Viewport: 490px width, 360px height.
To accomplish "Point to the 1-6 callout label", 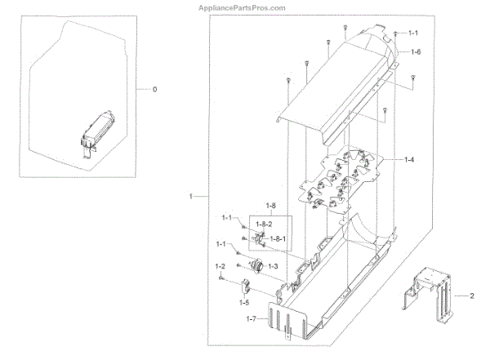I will (415, 51).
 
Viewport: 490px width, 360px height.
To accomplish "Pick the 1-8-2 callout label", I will (264, 223).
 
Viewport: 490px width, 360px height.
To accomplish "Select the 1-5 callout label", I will (244, 302).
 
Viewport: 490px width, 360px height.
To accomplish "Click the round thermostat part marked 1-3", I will (256, 265).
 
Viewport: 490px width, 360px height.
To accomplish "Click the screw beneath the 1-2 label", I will (222, 280).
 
